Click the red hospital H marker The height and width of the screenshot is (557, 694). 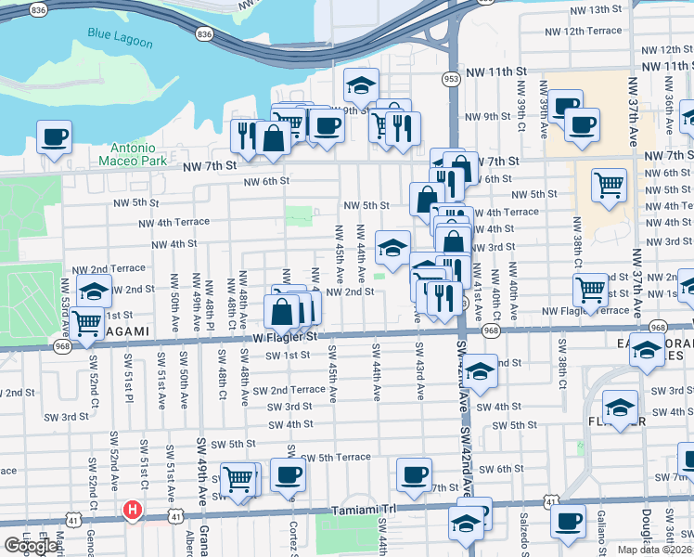click(133, 510)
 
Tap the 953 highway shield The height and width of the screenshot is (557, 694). click(452, 79)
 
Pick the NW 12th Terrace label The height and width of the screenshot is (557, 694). click(592, 31)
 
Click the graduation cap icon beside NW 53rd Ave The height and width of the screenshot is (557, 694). click(94, 291)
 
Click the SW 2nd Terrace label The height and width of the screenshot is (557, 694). click(295, 390)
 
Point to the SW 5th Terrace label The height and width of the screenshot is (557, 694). click(339, 457)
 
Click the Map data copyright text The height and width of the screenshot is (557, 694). click(654, 550)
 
